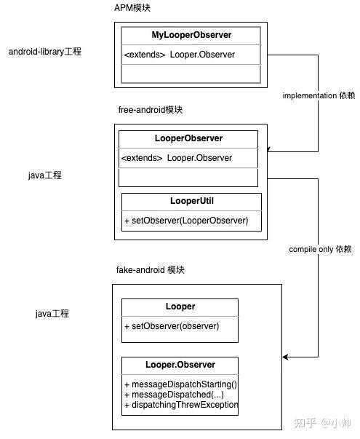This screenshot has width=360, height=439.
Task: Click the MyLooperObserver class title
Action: (192, 35)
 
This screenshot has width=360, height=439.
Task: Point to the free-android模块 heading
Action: (150, 109)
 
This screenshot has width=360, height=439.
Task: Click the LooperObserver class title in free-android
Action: (188, 138)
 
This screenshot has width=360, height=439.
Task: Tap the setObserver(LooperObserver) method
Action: (185, 220)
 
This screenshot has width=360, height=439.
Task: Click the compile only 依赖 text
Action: (320, 249)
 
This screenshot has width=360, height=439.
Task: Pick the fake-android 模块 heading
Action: (151, 269)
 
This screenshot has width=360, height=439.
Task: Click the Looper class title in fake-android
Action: (180, 306)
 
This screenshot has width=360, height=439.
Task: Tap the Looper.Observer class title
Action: (180, 364)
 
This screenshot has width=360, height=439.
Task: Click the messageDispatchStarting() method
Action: (181, 384)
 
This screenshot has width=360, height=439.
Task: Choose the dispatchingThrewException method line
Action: (181, 404)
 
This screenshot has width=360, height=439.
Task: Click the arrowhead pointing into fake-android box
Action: (286, 357)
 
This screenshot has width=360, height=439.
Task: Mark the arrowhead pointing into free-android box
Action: (270, 151)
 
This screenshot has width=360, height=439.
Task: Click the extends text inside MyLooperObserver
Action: (144, 55)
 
